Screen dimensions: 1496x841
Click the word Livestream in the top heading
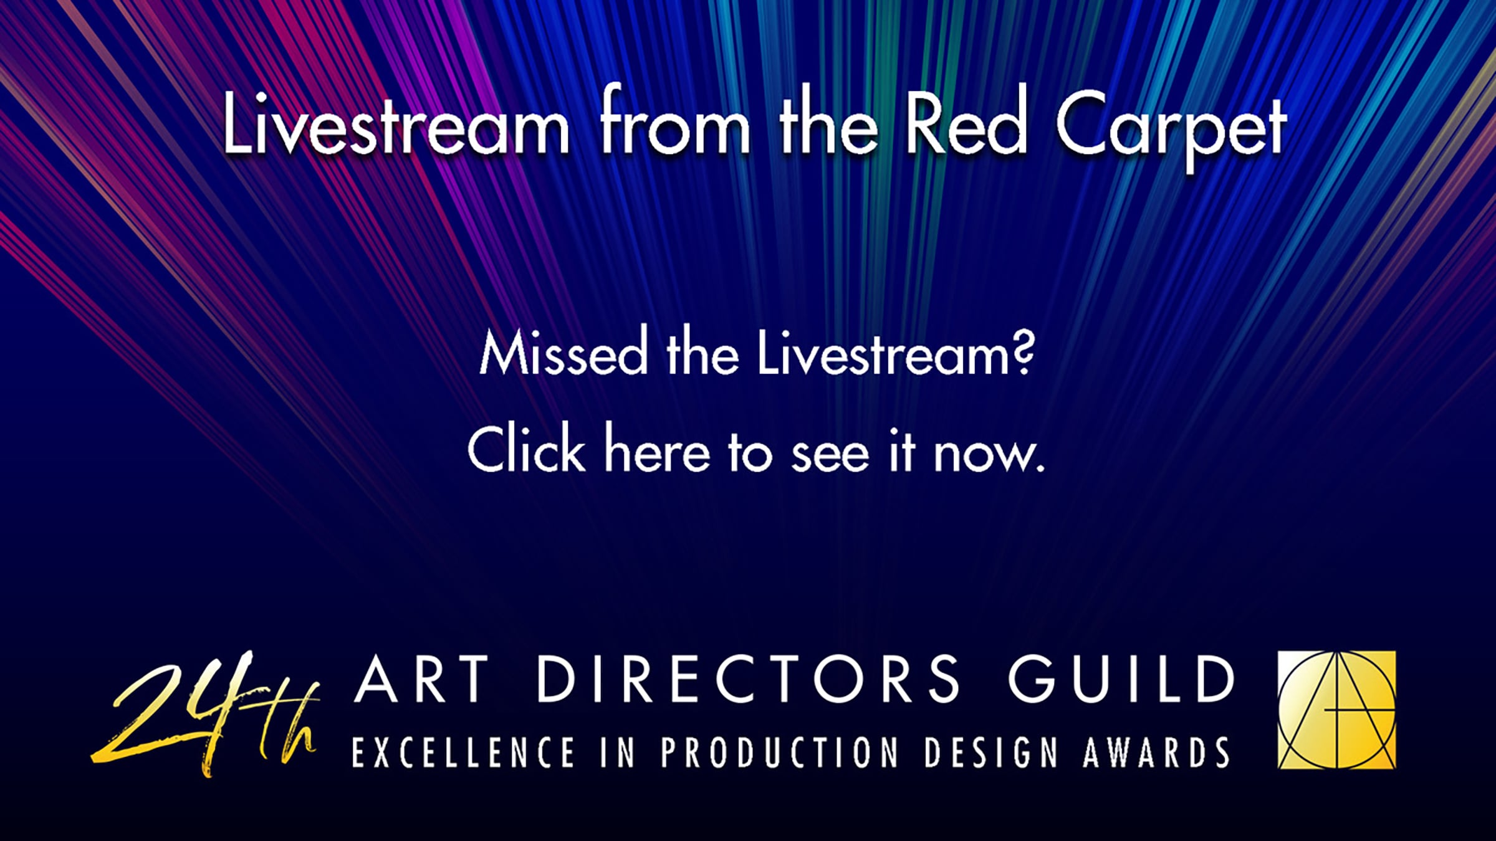(396, 122)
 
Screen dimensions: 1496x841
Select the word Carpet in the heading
(1171, 128)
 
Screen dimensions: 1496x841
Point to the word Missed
(563, 353)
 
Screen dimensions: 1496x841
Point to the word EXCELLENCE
(463, 753)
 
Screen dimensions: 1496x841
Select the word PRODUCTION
(780, 753)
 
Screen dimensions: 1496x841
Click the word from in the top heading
(675, 122)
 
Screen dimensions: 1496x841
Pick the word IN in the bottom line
(618, 753)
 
